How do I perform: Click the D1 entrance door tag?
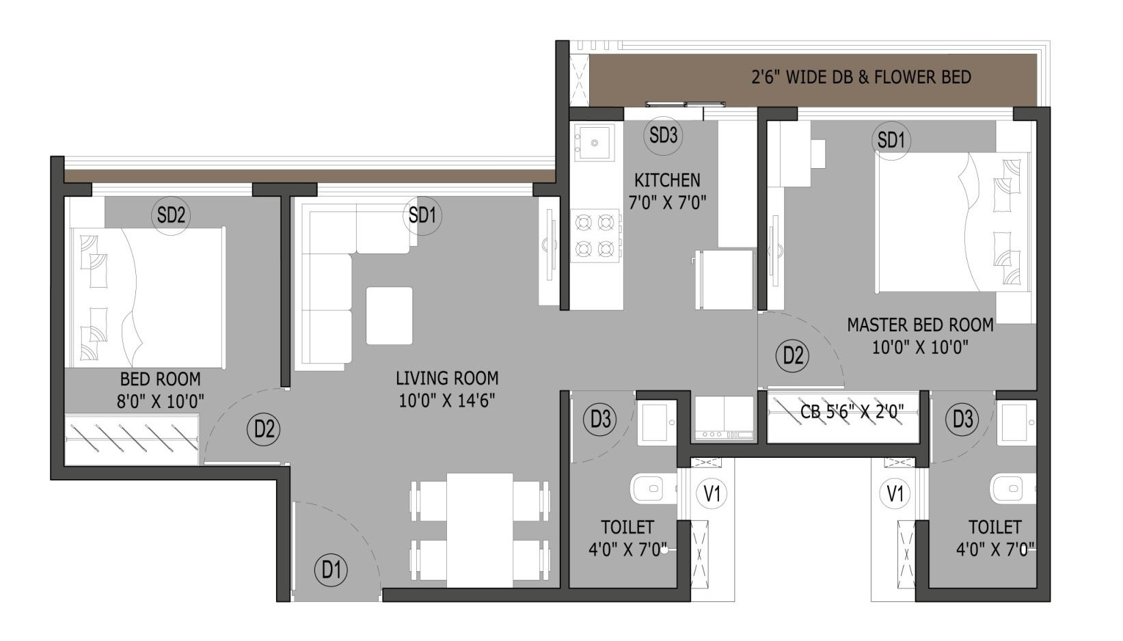coord(331,570)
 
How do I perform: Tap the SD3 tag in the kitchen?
coord(663,135)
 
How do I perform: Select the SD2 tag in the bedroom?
coord(171,215)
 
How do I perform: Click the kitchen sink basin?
coord(595,143)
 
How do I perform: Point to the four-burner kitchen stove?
coord(595,236)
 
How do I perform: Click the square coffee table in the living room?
coord(389,316)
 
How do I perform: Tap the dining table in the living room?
coord(480,530)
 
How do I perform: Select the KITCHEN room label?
coord(667,180)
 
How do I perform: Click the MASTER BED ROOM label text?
coord(921,325)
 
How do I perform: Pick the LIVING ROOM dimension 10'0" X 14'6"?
coord(447,400)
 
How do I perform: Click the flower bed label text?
coord(861,77)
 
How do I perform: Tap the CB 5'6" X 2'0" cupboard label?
coord(852,411)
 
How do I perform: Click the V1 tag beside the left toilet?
coord(712,493)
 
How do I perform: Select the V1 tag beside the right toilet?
coord(895,493)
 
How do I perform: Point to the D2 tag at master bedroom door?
coord(793,355)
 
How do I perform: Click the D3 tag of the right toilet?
coord(962,419)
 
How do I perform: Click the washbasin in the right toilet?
coord(1016,422)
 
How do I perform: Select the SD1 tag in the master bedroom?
coord(891,140)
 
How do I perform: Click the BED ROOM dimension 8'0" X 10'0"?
coord(161,401)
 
